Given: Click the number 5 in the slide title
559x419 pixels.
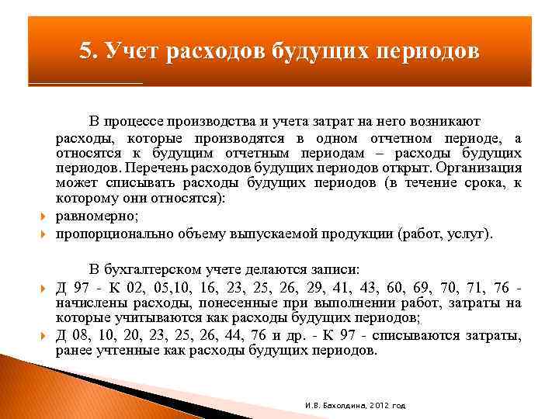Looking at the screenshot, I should [85, 51].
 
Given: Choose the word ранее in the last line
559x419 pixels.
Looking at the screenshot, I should [73, 350].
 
